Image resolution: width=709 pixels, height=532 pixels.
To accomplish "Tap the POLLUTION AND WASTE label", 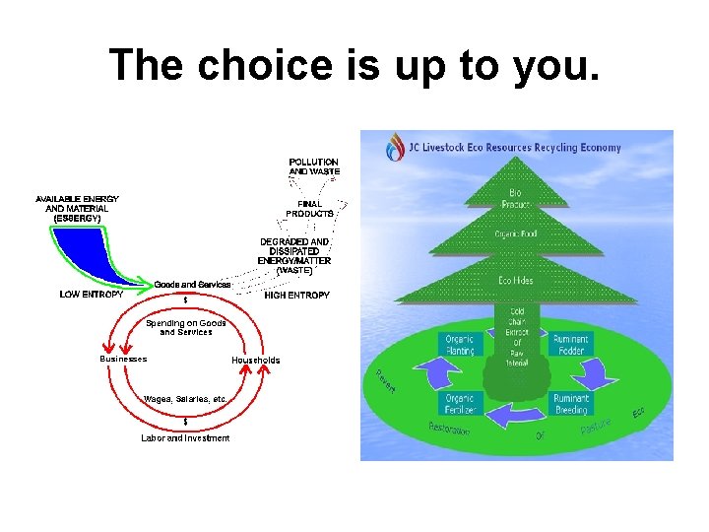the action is [x=313, y=166].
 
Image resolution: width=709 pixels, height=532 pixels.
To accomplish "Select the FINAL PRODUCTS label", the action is [x=309, y=208].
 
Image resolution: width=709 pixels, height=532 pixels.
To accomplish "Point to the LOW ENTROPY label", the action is [x=92, y=294].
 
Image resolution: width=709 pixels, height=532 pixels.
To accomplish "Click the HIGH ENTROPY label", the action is [x=297, y=295].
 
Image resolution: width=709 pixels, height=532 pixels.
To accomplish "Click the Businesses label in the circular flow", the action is [x=123, y=359].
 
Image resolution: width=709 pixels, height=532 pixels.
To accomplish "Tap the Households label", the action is [x=255, y=360].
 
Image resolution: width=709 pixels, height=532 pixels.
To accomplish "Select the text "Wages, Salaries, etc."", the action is [x=186, y=399].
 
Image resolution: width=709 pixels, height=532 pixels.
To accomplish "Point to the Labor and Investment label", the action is [x=185, y=438].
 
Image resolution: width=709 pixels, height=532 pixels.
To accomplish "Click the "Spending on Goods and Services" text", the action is [x=186, y=327].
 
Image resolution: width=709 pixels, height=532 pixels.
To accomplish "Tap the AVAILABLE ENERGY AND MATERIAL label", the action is [x=77, y=208].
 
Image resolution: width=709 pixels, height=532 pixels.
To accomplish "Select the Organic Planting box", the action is [x=460, y=345].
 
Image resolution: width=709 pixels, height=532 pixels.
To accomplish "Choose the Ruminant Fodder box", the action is [x=571, y=345].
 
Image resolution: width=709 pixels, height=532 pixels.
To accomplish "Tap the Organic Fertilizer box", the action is [x=460, y=403].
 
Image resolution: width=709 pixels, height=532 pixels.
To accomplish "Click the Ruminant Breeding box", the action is [x=571, y=403].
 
